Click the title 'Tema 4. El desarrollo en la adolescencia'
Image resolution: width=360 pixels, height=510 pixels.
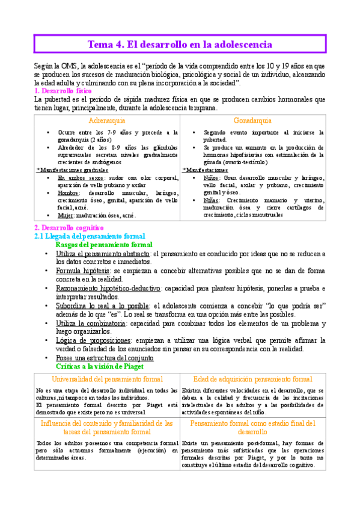click(x=180, y=45)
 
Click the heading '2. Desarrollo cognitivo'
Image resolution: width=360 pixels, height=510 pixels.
click(x=69, y=229)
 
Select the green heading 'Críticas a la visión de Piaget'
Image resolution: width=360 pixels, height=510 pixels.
click(x=99, y=366)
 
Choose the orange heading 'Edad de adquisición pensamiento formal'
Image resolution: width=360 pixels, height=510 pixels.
click(x=252, y=379)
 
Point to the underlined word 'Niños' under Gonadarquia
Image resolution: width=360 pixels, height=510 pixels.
click(x=211, y=178)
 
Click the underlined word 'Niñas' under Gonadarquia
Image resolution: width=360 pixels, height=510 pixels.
click(x=211, y=200)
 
